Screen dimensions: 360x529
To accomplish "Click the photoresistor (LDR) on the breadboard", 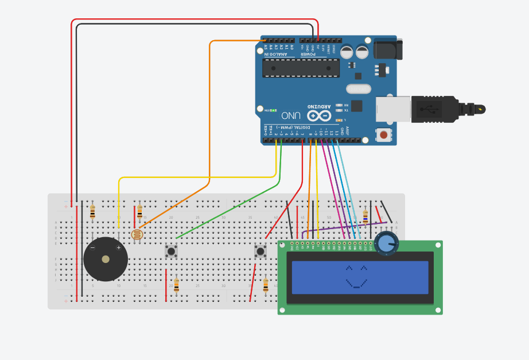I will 137,234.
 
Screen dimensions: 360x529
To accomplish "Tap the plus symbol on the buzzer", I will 119,247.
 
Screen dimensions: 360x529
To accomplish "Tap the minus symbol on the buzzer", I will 92,247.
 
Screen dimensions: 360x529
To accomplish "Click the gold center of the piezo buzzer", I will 106,260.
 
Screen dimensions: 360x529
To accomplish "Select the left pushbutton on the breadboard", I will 171,251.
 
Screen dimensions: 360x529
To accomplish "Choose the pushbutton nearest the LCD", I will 260,251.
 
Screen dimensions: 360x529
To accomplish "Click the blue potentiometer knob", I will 387,243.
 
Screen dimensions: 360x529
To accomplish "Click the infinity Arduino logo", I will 319,115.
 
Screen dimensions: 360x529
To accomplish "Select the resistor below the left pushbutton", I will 176,285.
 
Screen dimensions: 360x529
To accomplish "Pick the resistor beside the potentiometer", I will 365,216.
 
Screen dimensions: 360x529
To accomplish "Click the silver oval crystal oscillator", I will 359,89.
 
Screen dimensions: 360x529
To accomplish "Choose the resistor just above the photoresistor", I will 139,212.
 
